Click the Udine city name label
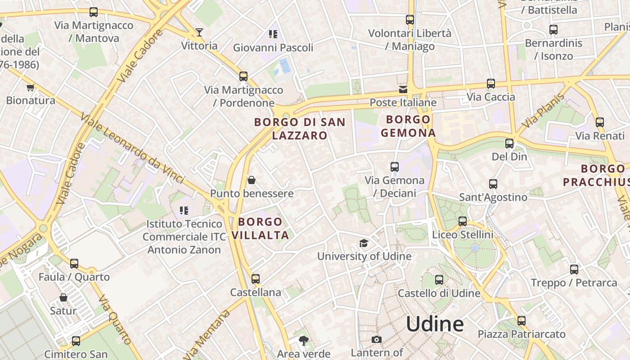pos(435,324)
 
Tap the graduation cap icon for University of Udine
pos(364,243)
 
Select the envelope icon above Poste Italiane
pos(403,89)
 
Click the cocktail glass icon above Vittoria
pos(199,32)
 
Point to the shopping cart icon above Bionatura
pos(30,87)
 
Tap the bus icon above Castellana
pos(256,279)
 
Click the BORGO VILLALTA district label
pos(261,228)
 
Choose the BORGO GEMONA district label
pos(408,126)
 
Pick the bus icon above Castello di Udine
pos(439,280)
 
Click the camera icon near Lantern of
pos(377,339)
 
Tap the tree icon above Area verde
pos(304,340)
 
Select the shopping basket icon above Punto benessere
pos(252,180)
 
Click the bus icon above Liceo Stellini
pos(463,221)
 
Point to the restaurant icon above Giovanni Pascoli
pos(273,34)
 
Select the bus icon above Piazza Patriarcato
pos(521,321)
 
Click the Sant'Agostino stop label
pos(493,197)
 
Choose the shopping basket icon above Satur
pos(63,297)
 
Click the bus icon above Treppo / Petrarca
pos(574,270)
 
